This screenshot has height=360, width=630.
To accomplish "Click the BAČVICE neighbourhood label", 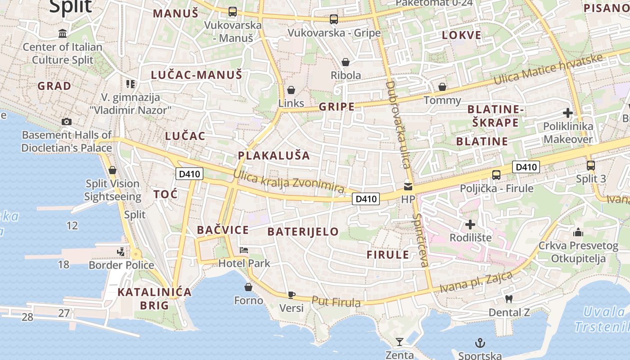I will tap(223, 230).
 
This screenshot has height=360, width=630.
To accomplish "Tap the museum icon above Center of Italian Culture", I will tap(63, 34).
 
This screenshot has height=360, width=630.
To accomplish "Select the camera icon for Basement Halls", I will tap(67, 121).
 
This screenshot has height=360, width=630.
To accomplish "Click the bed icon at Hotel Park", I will tap(244, 250).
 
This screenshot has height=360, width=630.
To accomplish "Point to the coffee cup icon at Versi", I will tap(292, 295).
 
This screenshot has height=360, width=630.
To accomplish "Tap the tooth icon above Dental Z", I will tap(509, 299).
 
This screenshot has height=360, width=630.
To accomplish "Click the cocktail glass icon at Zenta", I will tap(399, 342).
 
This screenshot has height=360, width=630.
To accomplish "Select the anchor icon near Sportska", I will tap(480, 343).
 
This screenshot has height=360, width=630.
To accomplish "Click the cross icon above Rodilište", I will tap(470, 224).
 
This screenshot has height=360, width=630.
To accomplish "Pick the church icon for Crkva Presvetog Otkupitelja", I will tap(578, 232).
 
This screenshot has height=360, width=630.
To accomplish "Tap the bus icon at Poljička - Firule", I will tap(496, 175).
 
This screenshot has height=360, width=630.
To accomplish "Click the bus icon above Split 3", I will tap(591, 166).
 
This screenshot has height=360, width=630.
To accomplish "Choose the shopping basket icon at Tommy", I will tap(442, 87).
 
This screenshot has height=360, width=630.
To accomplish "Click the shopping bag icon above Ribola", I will tap(346, 62).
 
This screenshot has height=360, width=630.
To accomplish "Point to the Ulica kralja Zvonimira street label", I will tap(289, 181).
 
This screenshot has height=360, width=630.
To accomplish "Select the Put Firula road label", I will tap(336, 302).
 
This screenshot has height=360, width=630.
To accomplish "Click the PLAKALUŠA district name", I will tap(274, 156).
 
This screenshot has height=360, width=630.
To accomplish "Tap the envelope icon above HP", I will tap(408, 186).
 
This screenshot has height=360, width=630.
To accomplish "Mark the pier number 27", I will tap(64, 313).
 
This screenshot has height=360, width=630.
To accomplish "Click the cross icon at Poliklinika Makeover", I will tap(568, 113).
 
